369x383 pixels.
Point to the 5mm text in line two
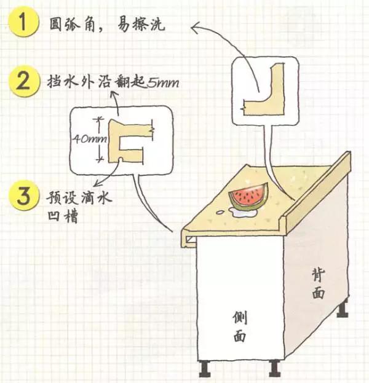click(162, 82)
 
